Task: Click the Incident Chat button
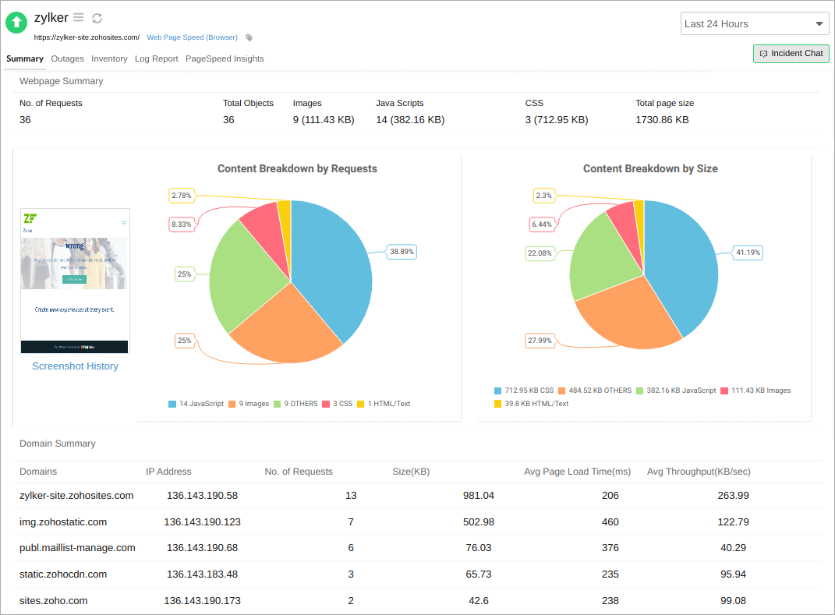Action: coord(791,54)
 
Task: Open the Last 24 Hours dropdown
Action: coord(754,24)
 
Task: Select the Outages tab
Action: coord(67,58)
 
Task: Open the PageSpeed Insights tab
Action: coord(225,58)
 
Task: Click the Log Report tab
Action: coord(156,58)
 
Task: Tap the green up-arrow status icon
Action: coord(16,23)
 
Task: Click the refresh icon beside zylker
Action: coord(97,18)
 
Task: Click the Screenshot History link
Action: coord(75,366)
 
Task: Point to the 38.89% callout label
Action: coord(402,252)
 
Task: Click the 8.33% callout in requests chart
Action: coord(182,224)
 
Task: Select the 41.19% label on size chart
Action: coord(748,253)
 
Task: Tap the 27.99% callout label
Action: coord(540,341)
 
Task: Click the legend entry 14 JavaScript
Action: coord(196,404)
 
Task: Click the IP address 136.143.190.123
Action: coord(202,522)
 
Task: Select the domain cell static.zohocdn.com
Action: coord(63,574)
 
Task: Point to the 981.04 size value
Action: coord(478,496)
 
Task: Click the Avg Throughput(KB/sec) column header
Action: coord(699,472)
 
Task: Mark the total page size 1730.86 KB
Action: coord(662,120)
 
